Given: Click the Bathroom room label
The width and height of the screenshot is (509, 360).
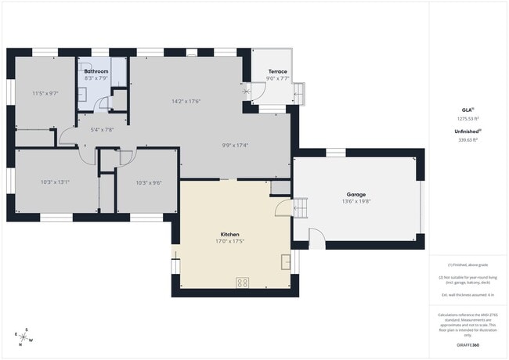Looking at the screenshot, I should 96,71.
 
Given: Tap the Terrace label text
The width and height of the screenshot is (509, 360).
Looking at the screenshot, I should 277,71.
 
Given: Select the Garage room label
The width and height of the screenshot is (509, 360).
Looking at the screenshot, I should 356,194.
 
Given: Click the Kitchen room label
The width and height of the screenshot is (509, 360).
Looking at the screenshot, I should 229,234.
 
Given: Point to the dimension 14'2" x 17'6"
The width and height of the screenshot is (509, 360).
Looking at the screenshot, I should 186,101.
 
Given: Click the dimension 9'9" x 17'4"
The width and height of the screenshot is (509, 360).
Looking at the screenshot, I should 235,145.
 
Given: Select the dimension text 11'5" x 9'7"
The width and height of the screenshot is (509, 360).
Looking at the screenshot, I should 45,93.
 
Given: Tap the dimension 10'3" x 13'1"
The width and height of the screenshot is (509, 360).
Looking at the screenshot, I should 56,182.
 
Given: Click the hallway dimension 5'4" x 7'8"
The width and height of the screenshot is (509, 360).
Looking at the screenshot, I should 103,130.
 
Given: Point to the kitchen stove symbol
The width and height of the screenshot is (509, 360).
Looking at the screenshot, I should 243,283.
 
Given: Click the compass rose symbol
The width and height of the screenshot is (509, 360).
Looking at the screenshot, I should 25,337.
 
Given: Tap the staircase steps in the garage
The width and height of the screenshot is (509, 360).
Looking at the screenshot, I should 301,208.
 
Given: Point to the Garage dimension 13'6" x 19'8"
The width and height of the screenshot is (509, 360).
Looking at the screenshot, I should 356,201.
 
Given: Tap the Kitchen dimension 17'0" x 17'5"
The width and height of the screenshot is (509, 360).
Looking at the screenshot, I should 229,241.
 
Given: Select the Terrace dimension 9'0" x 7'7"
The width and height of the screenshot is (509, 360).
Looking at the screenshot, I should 277,78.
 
